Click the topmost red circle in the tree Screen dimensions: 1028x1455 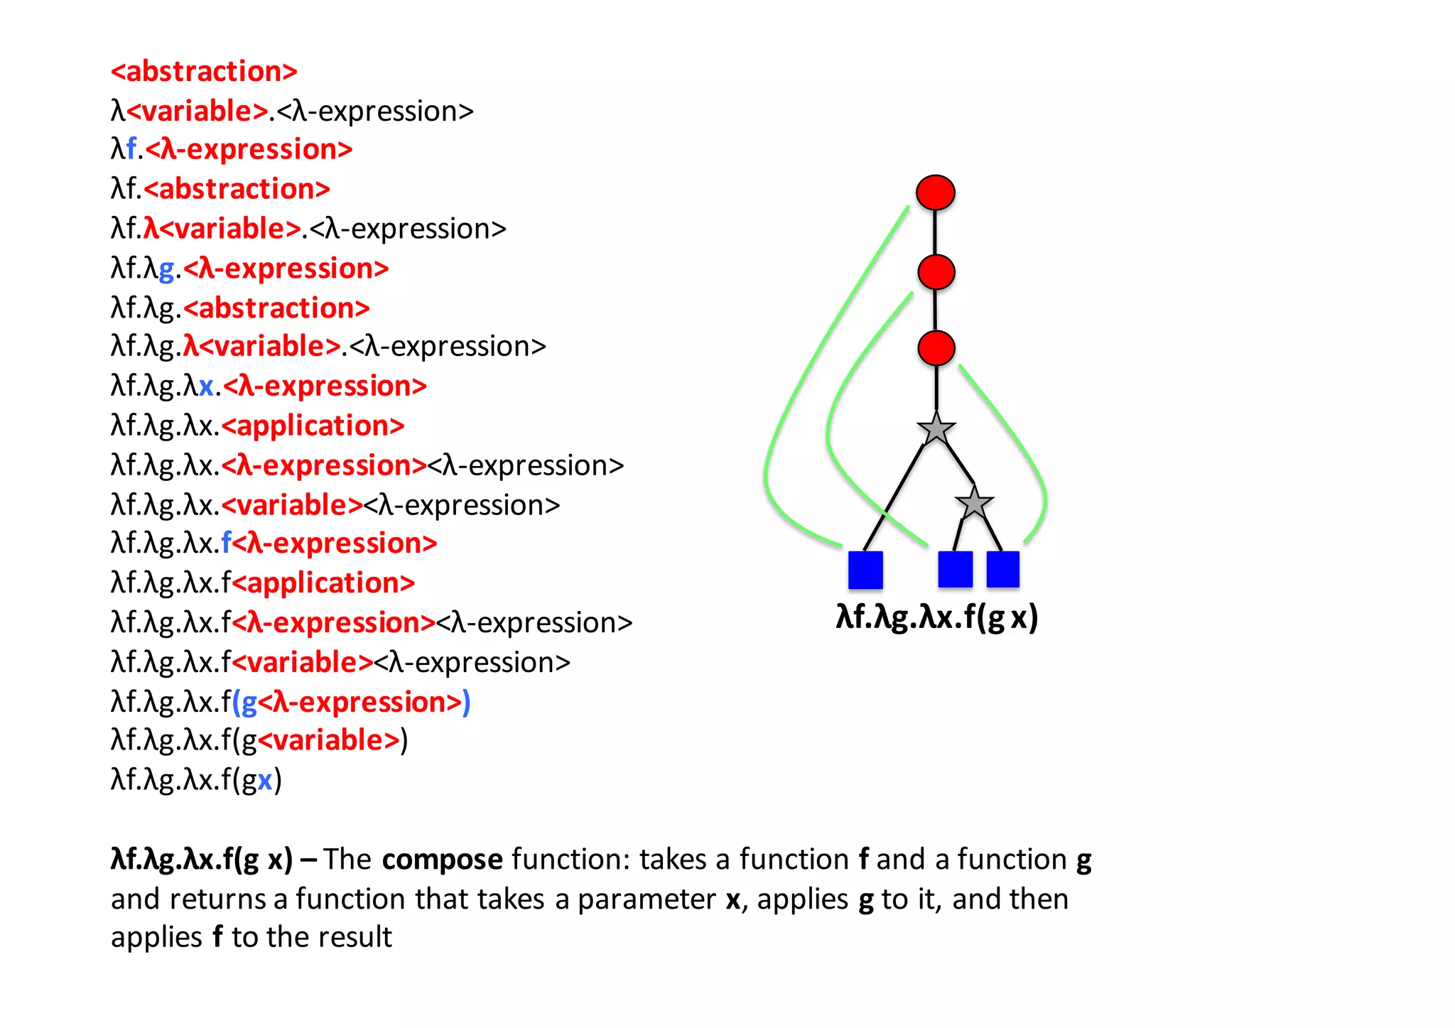pyautogui.click(x=935, y=193)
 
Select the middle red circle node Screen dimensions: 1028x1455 pyautogui.click(x=936, y=272)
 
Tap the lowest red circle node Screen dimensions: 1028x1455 pyautogui.click(x=936, y=348)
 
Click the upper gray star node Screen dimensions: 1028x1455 pyautogui.click(x=936, y=429)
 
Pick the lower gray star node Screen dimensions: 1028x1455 pyautogui.click(x=974, y=504)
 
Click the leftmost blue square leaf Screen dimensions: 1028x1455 pyautogui.click(x=865, y=570)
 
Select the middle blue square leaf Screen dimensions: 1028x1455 pyautogui.click(x=955, y=570)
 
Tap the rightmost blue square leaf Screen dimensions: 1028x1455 pyautogui.click(x=1002, y=570)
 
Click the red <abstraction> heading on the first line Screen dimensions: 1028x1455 pyautogui.click(x=204, y=72)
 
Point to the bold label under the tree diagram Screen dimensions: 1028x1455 pyautogui.click(x=936, y=617)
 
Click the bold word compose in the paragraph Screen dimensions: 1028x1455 pyautogui.click(x=442, y=860)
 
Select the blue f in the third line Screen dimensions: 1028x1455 pyautogui.click(x=131, y=149)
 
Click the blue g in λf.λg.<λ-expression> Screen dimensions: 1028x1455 pyautogui.click(x=167, y=269)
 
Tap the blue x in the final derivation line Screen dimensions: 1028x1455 pyautogui.click(x=265, y=780)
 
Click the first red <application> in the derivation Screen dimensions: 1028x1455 pyautogui.click(x=313, y=426)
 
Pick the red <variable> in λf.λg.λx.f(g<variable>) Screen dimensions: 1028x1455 pyautogui.click(x=329, y=740)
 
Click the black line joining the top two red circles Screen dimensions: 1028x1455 pyautogui.click(x=935, y=232)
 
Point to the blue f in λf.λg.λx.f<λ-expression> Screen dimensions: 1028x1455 pyautogui.click(x=226, y=543)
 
